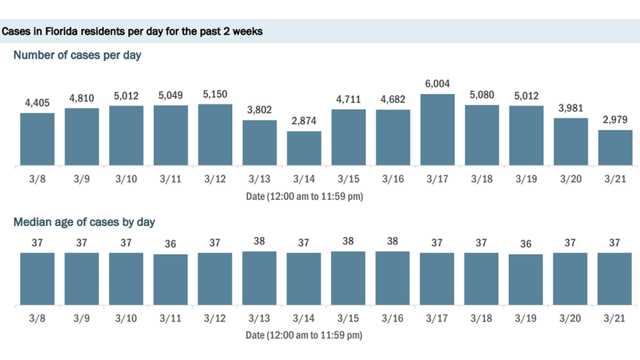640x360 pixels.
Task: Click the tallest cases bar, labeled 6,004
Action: click(x=437, y=130)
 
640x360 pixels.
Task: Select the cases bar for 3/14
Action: click(x=304, y=148)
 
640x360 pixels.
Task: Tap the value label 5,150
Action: click(x=215, y=94)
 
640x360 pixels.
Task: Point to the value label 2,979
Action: click(x=615, y=120)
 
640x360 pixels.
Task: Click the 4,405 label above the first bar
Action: click(x=37, y=104)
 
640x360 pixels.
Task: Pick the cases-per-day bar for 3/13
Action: click(x=259, y=143)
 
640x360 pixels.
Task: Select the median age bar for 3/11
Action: click(x=170, y=280)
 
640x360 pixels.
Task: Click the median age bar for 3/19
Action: click(x=526, y=280)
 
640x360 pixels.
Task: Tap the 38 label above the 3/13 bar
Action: click(x=259, y=242)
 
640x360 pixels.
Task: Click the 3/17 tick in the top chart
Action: click(x=437, y=180)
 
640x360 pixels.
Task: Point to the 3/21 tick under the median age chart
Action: click(x=615, y=319)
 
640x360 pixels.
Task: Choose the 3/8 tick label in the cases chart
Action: click(x=37, y=180)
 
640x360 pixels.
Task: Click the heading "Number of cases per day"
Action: click(x=77, y=55)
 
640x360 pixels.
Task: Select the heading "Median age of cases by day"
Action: click(x=84, y=222)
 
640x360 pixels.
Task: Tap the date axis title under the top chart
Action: click(x=304, y=196)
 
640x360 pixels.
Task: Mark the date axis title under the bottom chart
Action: click(x=304, y=336)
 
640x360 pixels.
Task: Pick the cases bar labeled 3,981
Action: click(x=571, y=142)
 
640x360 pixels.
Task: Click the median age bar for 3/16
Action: click(x=392, y=278)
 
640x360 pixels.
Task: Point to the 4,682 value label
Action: click(x=392, y=100)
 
